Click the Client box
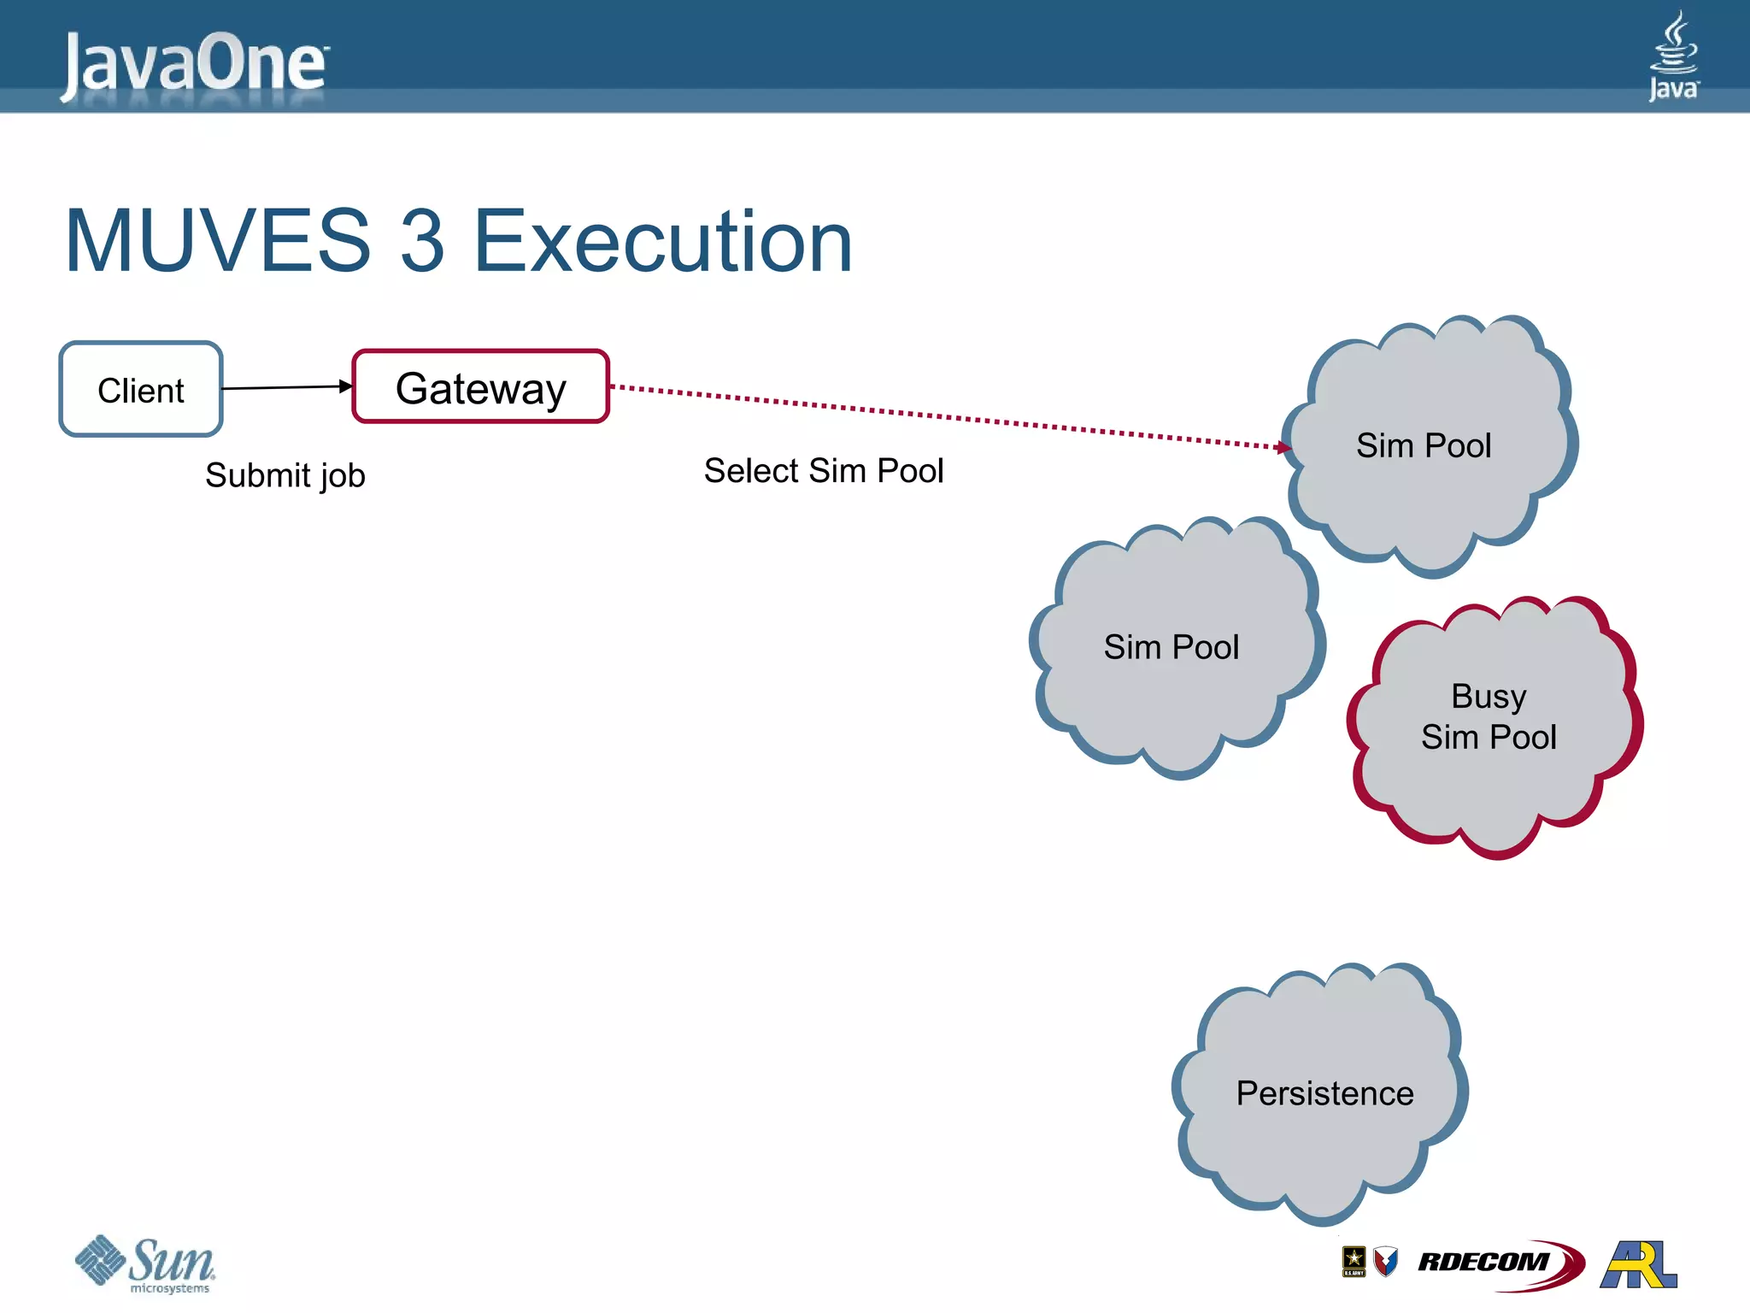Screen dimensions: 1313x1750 click(x=141, y=390)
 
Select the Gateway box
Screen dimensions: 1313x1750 click(x=480, y=387)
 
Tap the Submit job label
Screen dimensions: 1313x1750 click(x=285, y=475)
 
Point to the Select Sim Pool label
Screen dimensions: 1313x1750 click(x=823, y=471)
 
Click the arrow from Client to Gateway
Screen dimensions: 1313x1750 click(x=286, y=387)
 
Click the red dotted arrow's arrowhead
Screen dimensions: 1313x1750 click(x=1283, y=446)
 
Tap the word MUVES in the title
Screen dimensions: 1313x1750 click(x=218, y=242)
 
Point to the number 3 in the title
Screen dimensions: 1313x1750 click(x=422, y=242)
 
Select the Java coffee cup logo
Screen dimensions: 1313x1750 click(x=1673, y=56)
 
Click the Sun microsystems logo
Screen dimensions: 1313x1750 click(x=145, y=1263)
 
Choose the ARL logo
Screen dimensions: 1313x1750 click(x=1638, y=1264)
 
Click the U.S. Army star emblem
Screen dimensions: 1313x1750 click(x=1354, y=1261)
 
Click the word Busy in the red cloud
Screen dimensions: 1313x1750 click(x=1489, y=696)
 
